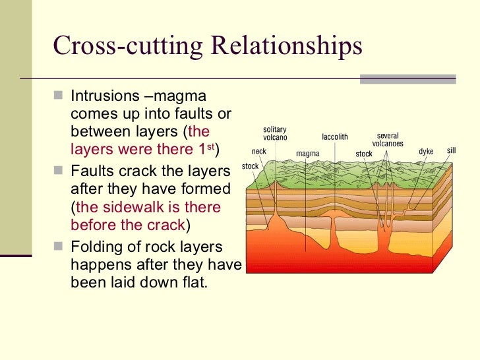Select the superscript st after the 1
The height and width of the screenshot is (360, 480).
pyautogui.click(x=211, y=146)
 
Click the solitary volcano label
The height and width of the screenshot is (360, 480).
pyautogui.click(x=274, y=133)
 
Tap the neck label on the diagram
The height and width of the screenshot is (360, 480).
pyautogui.click(x=259, y=151)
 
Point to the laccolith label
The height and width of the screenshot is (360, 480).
pyautogui.click(x=334, y=137)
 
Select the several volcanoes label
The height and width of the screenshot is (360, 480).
pyautogui.click(x=388, y=140)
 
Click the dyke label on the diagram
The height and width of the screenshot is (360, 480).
pyautogui.click(x=426, y=152)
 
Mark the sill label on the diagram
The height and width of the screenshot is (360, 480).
pyautogui.click(x=451, y=150)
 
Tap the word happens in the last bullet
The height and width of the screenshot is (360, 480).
pyautogui.click(x=96, y=266)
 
